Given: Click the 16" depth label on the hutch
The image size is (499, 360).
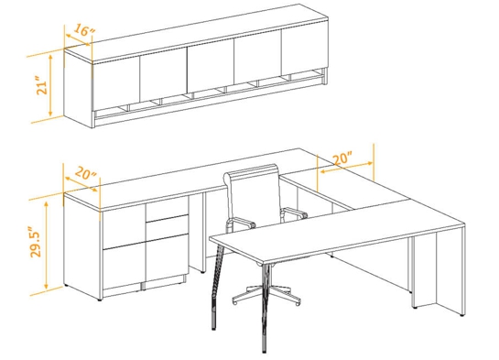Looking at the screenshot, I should tap(82, 31).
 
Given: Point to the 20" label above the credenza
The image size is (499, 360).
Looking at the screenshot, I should tap(84, 173).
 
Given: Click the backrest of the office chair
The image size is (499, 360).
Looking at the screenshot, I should tap(252, 195).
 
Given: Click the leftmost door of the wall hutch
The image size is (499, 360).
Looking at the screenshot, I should tap(114, 80).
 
